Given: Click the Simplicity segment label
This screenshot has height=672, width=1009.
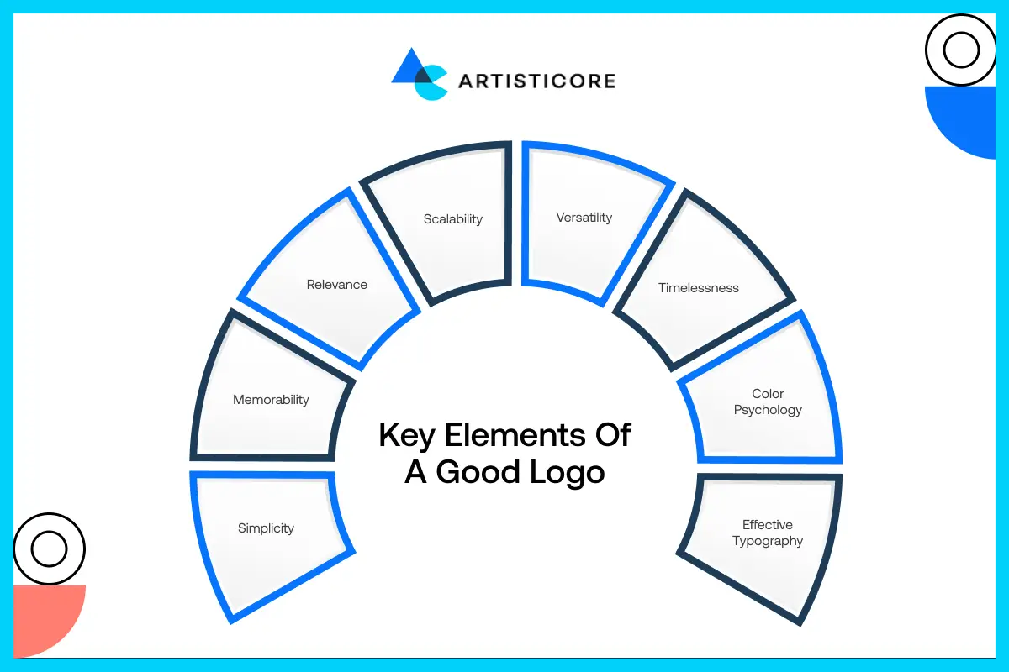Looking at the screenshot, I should click(x=266, y=528).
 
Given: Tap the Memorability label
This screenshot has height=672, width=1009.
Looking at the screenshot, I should click(x=271, y=400).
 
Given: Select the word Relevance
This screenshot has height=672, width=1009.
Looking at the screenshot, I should click(x=336, y=285).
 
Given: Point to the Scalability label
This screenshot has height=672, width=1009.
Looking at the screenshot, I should click(x=453, y=219).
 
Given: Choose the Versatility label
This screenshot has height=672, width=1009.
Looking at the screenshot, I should click(x=584, y=218).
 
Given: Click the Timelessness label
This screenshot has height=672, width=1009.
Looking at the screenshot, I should click(x=698, y=288).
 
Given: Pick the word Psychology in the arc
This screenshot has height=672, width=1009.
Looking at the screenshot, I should click(x=768, y=410).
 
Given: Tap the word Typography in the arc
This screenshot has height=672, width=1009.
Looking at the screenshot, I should click(x=768, y=541).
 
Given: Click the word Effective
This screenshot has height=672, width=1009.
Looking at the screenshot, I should click(x=768, y=525).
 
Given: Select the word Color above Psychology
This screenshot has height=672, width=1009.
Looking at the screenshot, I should click(x=768, y=394).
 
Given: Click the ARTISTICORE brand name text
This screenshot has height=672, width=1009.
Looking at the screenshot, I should click(x=536, y=81).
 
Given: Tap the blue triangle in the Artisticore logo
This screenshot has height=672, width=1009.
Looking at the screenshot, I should click(x=409, y=67).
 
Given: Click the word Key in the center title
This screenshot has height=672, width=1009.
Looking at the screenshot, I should click(x=405, y=436).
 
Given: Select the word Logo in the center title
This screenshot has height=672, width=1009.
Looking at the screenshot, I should click(x=567, y=472).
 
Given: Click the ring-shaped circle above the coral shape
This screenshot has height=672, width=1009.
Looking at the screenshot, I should click(x=49, y=549).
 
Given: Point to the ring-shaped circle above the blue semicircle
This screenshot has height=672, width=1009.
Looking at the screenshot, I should click(x=960, y=51).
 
